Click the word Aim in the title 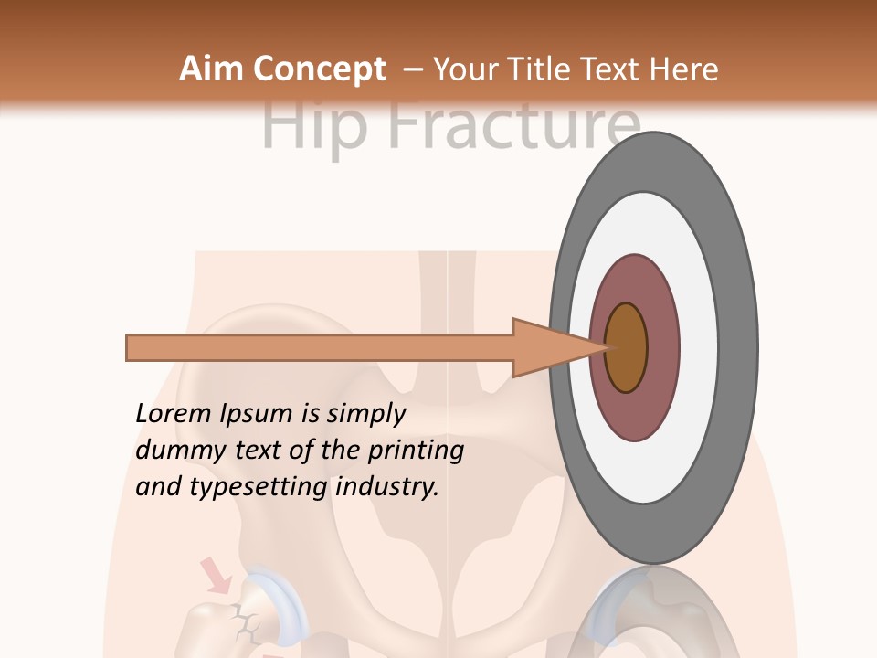212,69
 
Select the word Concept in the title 320,69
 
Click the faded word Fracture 512,127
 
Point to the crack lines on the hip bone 244,622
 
